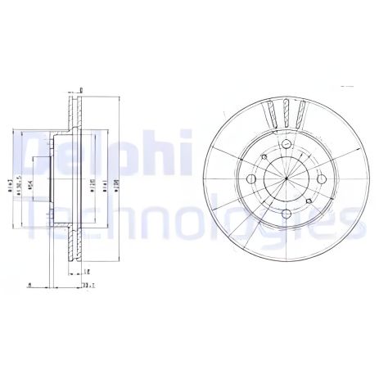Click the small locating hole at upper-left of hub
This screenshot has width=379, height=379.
pyautogui.click(x=263, y=157)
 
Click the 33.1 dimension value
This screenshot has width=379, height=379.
pyautogui.click(x=88, y=285)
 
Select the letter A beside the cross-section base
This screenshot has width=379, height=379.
pyautogui.click(x=29, y=285)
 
